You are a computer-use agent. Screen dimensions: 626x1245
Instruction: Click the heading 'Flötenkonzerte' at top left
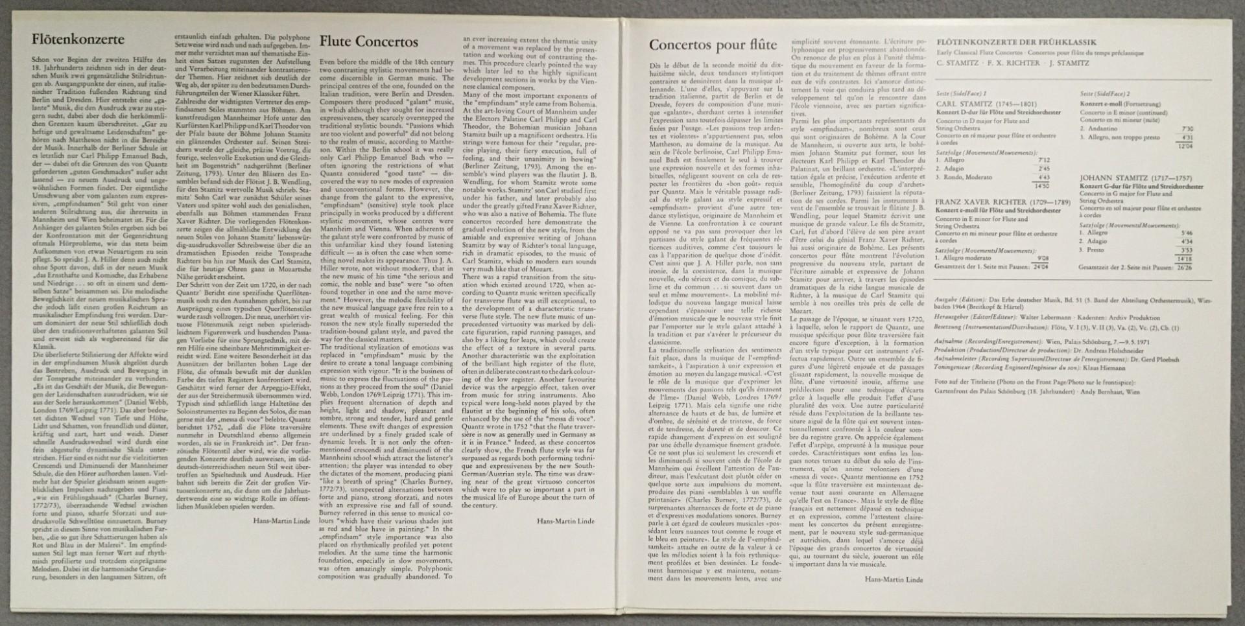point(78,40)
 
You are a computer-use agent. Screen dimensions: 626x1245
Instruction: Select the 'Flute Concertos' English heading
point(368,42)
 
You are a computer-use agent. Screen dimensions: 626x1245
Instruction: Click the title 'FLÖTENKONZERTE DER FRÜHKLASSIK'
point(1016,42)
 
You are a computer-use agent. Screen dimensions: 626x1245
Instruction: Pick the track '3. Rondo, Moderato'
point(964,177)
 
